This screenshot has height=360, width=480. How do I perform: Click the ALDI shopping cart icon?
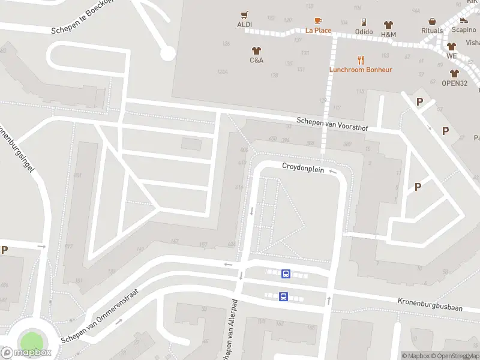pos(244,15)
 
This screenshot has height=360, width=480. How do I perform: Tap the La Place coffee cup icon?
pos(318,21)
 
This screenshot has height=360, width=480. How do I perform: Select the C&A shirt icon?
pos(257,50)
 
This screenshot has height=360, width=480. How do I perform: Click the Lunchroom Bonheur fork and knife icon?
pos(361,60)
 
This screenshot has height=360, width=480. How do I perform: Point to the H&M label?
pos(388,34)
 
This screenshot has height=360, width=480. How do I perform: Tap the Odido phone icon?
pos(364,22)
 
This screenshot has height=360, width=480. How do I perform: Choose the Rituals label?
pos(432,31)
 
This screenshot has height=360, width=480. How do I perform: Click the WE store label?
pos(451,56)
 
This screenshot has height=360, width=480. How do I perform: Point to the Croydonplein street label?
pos(303,169)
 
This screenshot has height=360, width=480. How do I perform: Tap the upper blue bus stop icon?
pos(286,274)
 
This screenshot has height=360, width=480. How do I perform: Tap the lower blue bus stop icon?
pos(283,296)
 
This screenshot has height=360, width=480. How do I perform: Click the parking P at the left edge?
pos(5,250)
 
